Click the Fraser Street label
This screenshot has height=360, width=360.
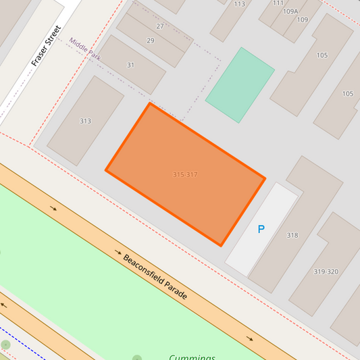(46, 46)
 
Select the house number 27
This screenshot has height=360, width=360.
(160, 26)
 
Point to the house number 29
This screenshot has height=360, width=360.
(150, 41)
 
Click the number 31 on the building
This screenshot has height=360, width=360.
(131, 66)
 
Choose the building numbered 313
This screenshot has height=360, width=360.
(85, 122)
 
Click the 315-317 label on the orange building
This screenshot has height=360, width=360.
(185, 175)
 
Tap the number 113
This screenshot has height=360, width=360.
(240, 4)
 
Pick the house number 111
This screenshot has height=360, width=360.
(278, 3)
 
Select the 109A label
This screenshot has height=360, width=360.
(290, 11)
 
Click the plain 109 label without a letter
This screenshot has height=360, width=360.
(302, 20)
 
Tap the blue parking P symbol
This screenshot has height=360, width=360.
(261, 230)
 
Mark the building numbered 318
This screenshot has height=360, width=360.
(292, 236)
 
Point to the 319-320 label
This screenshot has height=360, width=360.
(326, 272)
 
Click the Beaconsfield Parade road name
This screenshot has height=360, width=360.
(155, 277)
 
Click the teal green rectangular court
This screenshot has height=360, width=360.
(240, 84)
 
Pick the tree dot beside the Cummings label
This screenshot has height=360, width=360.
(137, 358)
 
